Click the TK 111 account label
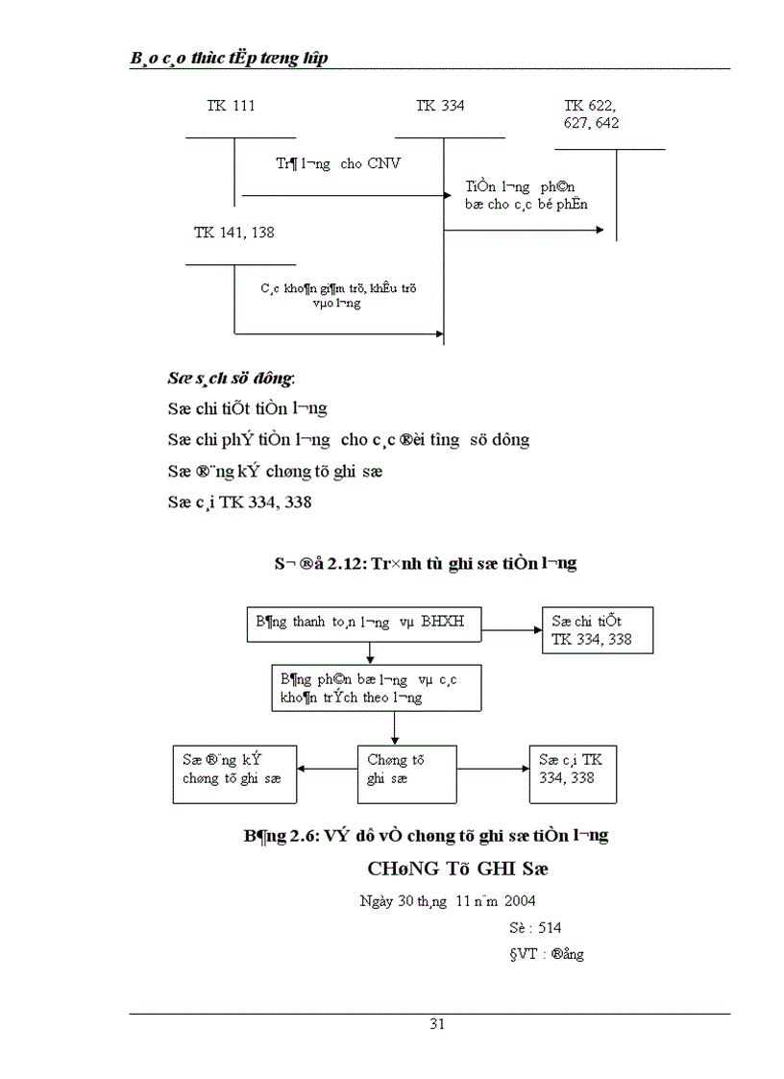pos(231,106)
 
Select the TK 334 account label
pos(440,106)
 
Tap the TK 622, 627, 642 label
pos(592,114)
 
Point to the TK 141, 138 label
pos(233,233)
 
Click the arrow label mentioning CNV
pos(338,163)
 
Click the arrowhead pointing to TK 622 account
pos(600,231)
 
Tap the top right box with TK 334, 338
pos(597,631)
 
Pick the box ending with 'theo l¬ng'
pos(376,689)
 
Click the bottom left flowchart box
pos(234,773)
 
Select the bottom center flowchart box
pos(406,773)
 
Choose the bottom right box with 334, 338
pos(573,773)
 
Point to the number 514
pos(550,928)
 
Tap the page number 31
pos(436,1024)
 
